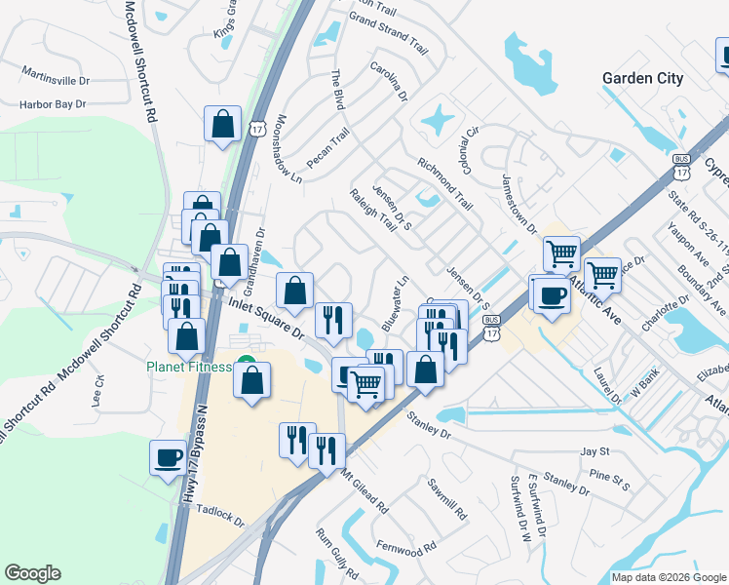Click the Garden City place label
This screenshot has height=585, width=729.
[642, 79]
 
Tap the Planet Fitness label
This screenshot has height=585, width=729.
[189, 368]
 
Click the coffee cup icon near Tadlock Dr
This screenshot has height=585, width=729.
[168, 456]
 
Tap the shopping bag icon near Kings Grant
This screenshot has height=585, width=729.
[222, 125]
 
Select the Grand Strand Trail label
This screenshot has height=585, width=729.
[388, 33]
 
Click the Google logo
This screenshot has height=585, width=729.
[32, 573]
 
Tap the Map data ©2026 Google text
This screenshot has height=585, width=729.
[669, 577]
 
